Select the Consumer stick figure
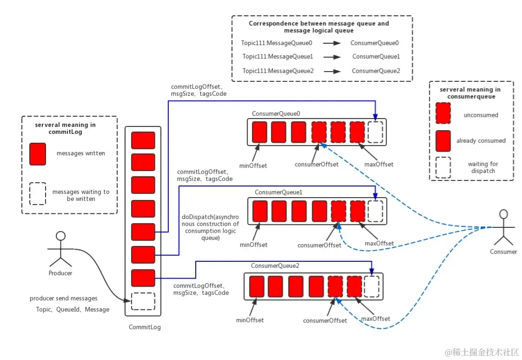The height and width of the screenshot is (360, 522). point(502,228)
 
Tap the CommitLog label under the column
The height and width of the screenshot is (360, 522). point(145,327)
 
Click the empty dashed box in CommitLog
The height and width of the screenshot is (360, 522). point(143,301)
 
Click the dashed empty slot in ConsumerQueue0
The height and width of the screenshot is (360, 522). point(375,132)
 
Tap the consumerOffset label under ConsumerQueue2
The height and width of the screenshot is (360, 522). point(325,320)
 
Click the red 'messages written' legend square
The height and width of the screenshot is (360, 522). point(38,154)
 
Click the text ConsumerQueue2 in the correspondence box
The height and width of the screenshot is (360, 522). point(376,71)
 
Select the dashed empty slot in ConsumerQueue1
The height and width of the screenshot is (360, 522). point(375,211)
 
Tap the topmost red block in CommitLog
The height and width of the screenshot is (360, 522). point(143,140)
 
